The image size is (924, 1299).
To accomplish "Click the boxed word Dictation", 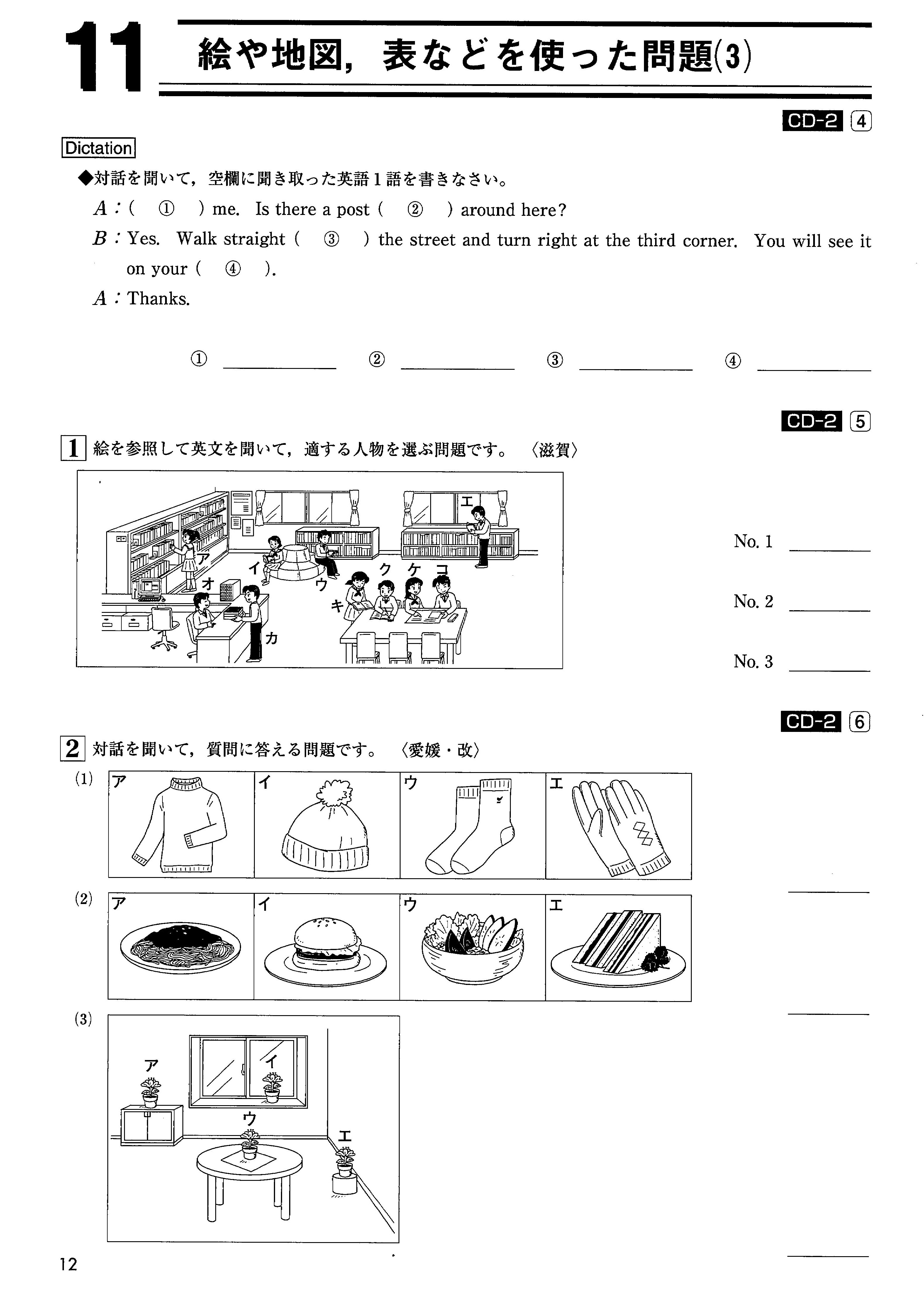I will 99,148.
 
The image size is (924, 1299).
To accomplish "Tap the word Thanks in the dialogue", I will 158,299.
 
